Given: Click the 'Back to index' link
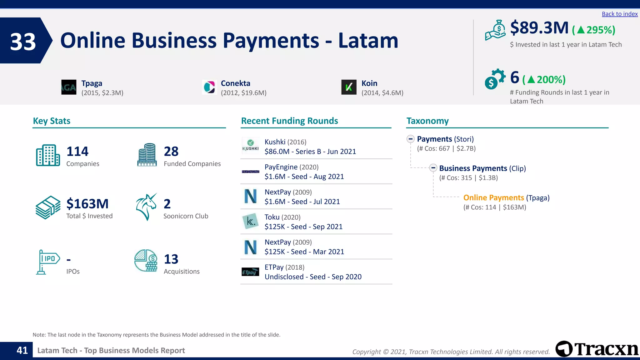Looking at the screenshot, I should pyautogui.click(x=619, y=14).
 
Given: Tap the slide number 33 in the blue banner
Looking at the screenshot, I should pyautogui.click(x=23, y=42).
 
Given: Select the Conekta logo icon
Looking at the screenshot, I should pyautogui.click(x=209, y=87).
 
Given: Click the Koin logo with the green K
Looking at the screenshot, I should pyautogui.click(x=349, y=87).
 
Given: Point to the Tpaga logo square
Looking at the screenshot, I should pyautogui.click(x=69, y=87).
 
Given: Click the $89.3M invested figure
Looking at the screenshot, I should pyautogui.click(x=539, y=28).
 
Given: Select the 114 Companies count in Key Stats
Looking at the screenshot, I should pyautogui.click(x=77, y=152).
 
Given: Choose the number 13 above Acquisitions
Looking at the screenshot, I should pyautogui.click(x=171, y=259).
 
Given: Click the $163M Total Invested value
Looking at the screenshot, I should pyautogui.click(x=87, y=204).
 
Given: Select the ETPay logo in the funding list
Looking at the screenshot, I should pyautogui.click(x=251, y=272).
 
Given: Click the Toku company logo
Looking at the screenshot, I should pyautogui.click(x=251, y=221).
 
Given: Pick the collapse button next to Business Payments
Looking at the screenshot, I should pyautogui.click(x=433, y=168).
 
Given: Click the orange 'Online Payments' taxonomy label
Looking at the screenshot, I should pyautogui.click(x=493, y=198).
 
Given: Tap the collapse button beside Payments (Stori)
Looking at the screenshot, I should pyautogui.click(x=411, y=139).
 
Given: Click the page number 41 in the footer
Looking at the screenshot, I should pyautogui.click(x=22, y=351).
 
